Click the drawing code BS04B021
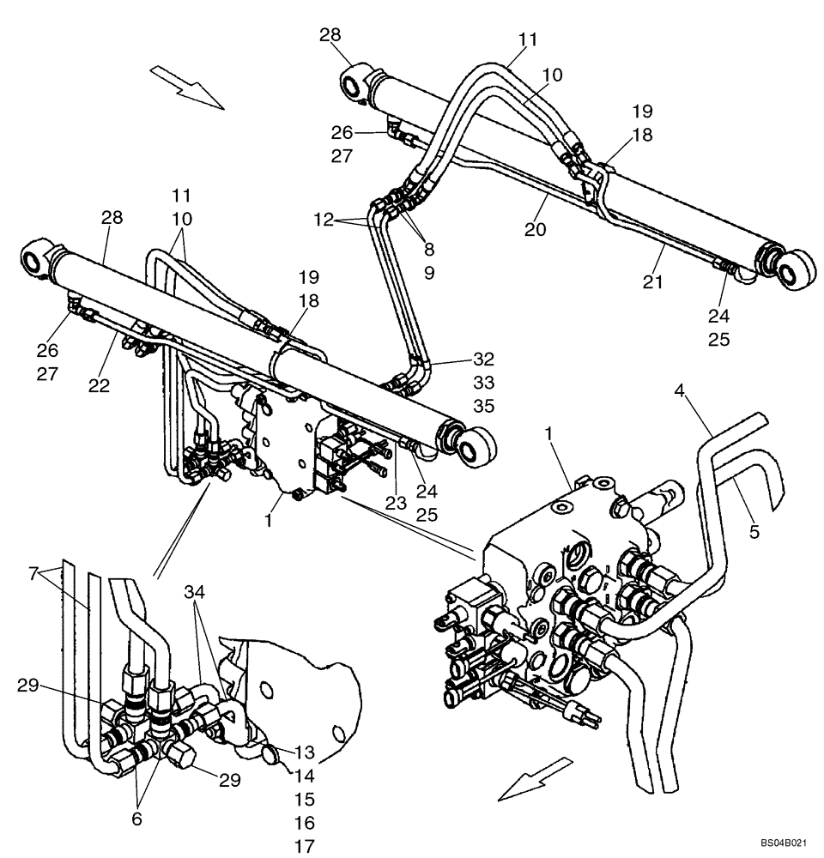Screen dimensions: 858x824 783,844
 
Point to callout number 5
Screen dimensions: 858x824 754,531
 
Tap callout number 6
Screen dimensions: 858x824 136,818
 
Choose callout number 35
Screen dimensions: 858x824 484,406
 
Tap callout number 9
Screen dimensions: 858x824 428,274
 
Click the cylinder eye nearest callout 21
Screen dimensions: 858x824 795,265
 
